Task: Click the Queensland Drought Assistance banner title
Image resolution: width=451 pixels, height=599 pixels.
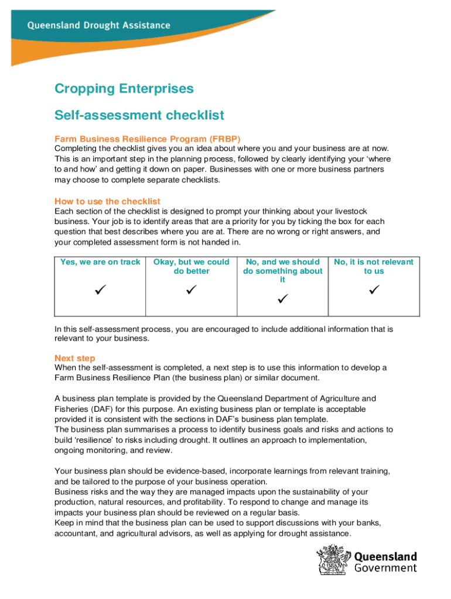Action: [x=98, y=26]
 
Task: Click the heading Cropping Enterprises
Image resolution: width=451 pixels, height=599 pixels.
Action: [x=124, y=89]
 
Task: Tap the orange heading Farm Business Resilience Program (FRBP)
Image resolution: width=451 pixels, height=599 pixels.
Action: [x=148, y=140]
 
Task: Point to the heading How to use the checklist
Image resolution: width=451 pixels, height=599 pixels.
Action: [x=107, y=201]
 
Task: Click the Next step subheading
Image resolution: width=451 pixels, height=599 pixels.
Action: [x=75, y=358]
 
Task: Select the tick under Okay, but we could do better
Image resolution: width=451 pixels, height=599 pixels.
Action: [x=191, y=290]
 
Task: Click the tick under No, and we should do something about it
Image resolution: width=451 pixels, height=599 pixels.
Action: [x=282, y=299]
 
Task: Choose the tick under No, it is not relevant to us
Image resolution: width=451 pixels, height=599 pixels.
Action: [x=374, y=290]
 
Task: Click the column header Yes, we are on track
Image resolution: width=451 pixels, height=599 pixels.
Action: [x=100, y=262]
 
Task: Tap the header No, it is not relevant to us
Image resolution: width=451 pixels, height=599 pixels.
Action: [x=374, y=266]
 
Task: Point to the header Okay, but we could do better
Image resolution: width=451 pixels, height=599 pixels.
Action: [x=191, y=266]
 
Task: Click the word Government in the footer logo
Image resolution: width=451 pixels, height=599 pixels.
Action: [x=386, y=567]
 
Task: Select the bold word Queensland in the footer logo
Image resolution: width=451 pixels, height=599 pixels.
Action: [x=386, y=556]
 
